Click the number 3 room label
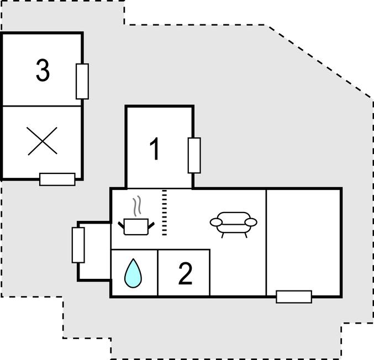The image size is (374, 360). [43, 70]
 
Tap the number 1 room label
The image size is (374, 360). [155, 149]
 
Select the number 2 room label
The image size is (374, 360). [185, 273]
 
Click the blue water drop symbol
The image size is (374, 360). [133, 273]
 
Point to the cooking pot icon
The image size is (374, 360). [136, 227]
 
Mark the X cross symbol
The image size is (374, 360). [42, 141]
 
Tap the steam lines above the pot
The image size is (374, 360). [137, 206]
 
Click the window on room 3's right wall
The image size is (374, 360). [82, 81]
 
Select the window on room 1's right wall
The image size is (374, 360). [194, 156]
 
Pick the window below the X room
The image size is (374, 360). [57, 179]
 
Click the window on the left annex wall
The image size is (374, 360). [78, 245]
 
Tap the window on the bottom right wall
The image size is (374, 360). [294, 297]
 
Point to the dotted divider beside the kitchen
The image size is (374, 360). [164, 213]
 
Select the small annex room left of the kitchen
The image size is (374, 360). [95, 251]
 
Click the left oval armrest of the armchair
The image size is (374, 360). [216, 222]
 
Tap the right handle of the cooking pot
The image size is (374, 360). [151, 225]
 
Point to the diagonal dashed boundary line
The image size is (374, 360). [319, 62]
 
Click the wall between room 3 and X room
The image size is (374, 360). [42, 106]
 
